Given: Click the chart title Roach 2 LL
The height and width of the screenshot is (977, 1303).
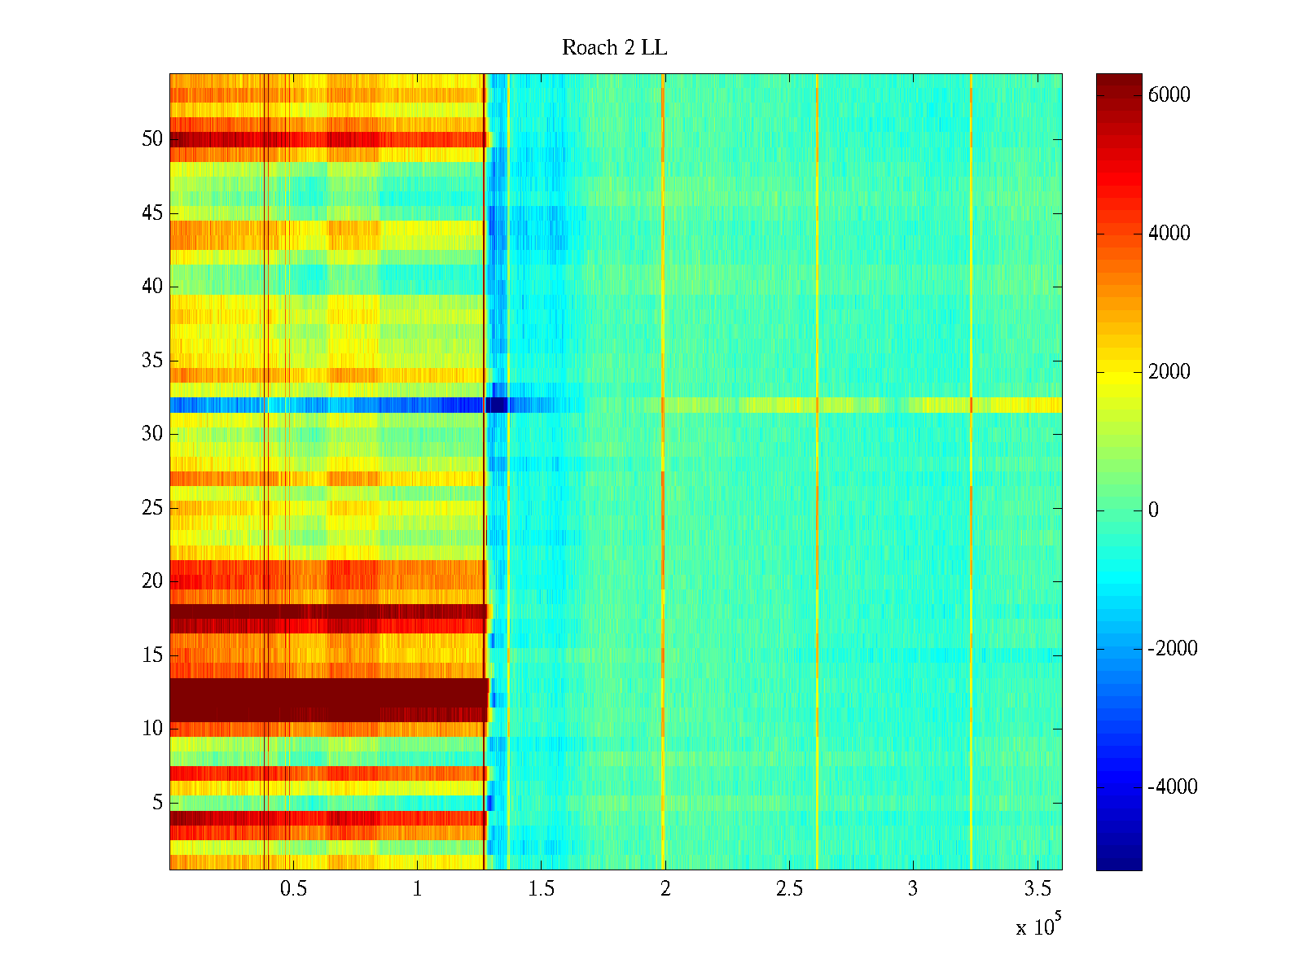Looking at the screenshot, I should coord(614,48).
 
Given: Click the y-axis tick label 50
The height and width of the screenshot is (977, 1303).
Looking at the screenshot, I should coord(152,139).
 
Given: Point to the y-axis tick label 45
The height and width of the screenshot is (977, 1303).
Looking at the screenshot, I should coord(152,213).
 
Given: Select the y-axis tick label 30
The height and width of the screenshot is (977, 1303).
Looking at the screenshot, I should coord(152,434).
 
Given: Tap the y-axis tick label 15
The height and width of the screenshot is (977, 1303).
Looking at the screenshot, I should coord(152,655).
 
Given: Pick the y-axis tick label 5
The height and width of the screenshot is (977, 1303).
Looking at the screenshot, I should coord(157,803).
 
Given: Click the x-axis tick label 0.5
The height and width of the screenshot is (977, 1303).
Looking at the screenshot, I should coord(293,889).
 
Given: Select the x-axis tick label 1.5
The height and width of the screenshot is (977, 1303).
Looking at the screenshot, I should coord(541,889).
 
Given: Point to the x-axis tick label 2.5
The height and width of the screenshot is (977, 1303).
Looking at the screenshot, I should coord(789,889).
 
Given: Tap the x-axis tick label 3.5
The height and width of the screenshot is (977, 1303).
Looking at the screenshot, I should coord(1037,889).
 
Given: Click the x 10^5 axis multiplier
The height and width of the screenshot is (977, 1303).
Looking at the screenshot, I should coord(1038,926).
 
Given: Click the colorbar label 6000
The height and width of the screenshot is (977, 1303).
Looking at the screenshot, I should coord(1169,95).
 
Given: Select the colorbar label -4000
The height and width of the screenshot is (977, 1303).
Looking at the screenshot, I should coord(1172,787).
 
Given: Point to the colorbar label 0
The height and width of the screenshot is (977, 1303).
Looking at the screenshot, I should coord(1153,510).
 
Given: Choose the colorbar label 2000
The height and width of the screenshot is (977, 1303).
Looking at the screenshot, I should coord(1169,372).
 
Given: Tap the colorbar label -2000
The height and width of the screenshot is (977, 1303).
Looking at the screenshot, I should coord(1172,649).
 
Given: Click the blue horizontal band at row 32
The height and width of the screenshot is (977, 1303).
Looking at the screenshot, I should coord(326,405).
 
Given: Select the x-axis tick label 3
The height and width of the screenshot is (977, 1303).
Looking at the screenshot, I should coord(912,889).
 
